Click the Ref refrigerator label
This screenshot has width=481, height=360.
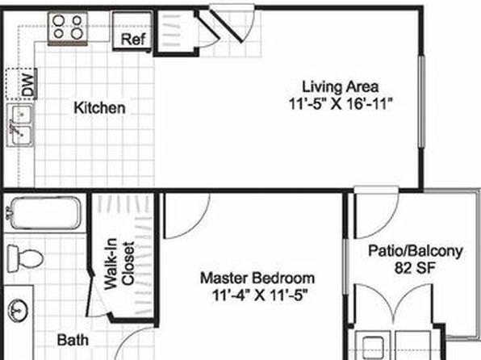point(133,39)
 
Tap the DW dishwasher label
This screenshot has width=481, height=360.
point(27,85)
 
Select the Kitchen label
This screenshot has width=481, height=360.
point(100,108)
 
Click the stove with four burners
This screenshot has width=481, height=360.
point(68,27)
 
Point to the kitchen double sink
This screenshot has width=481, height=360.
point(20,125)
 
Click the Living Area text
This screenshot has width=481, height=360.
point(341,86)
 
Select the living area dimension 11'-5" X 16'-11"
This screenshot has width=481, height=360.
point(341,104)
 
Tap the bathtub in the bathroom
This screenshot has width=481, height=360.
point(45,212)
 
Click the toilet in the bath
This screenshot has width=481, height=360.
point(24,258)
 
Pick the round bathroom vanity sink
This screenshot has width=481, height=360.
point(18,311)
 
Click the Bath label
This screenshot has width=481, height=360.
point(73,340)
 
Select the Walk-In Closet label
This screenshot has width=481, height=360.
point(119,264)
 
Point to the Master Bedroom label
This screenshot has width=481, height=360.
point(257,278)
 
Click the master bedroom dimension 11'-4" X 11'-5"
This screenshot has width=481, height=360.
point(260,295)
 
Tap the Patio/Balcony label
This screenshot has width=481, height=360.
point(416,251)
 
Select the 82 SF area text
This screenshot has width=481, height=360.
point(415,268)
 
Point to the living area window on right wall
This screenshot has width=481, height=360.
point(422,102)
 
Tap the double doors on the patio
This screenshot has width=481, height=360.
point(394,307)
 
